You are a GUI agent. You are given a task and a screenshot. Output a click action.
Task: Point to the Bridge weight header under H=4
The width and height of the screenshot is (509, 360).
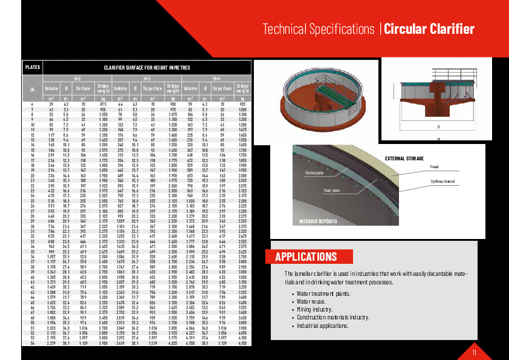[x=242, y=88]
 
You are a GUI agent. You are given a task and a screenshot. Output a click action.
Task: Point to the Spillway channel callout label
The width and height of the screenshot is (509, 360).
[x=442, y=182]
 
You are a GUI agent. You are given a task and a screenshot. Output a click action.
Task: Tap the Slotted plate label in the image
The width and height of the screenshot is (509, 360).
[x=314, y=172]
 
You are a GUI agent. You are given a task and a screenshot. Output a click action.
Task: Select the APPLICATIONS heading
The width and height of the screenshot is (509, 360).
[x=306, y=257]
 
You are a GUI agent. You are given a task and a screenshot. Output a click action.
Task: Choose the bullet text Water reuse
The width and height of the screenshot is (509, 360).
[x=313, y=301]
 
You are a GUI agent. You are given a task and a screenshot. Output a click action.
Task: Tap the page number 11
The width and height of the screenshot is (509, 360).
[x=475, y=352]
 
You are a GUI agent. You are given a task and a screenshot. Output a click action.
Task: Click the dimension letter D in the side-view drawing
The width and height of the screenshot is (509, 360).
[x=438, y=127]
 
